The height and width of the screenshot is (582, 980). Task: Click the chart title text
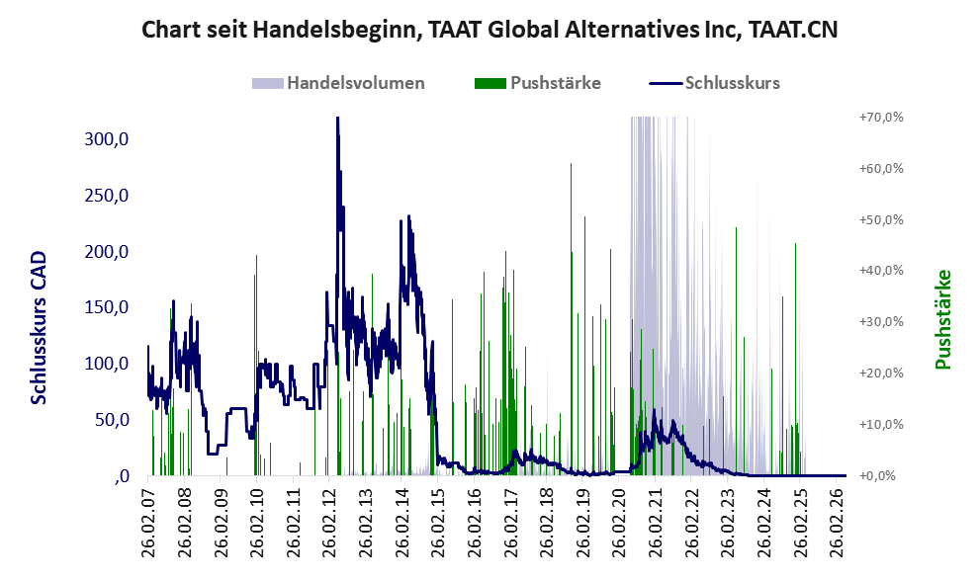click(490, 30)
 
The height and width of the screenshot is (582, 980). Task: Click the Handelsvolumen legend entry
click(338, 83)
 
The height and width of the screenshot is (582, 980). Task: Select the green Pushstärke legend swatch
click(490, 83)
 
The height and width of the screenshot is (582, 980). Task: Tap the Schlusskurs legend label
click(733, 83)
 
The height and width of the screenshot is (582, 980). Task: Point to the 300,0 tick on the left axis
click(106, 138)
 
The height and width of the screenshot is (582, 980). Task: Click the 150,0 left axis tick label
click(106, 307)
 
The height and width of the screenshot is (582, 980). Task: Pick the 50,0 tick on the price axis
click(112, 420)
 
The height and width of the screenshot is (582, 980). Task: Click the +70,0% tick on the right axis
click(881, 118)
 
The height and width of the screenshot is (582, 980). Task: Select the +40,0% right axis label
click(881, 271)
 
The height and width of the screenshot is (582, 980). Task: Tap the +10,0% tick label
click(881, 424)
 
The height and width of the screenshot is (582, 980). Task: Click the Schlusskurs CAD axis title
click(39, 328)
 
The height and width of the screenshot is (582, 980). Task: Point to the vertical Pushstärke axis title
click(942, 320)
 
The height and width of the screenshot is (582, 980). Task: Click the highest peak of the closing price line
click(337, 118)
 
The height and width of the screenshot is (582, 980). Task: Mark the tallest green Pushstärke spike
click(571, 164)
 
